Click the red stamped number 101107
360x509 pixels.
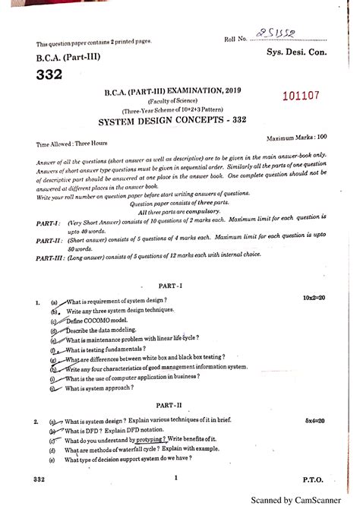[x=302, y=96]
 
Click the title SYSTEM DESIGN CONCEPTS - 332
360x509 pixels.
[x=181, y=121]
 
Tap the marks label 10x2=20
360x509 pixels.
[x=311, y=300]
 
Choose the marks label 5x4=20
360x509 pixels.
[x=314, y=419]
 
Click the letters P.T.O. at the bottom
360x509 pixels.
[x=313, y=479]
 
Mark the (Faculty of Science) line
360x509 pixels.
[x=180, y=101]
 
